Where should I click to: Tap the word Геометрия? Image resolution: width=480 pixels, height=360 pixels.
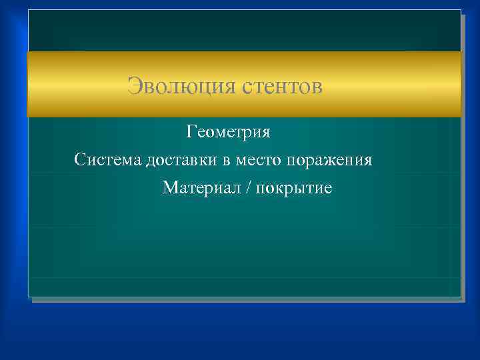click(x=228, y=131)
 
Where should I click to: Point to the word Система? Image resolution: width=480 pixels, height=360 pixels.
click(x=105, y=160)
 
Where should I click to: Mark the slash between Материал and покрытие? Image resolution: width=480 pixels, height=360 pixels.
click(x=248, y=189)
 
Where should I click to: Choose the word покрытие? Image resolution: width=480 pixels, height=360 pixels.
click(x=294, y=189)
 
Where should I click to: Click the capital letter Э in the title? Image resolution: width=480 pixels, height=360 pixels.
click(x=134, y=86)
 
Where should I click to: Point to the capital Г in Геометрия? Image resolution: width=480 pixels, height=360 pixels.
click(x=191, y=131)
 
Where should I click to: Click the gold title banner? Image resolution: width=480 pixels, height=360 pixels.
click(x=400, y=85)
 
